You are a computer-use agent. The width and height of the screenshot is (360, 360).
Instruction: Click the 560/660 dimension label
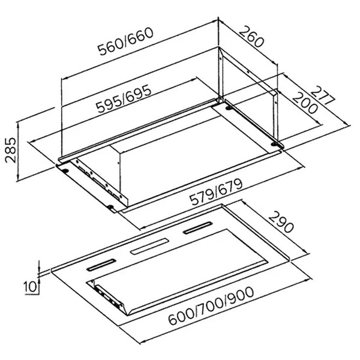[125, 42]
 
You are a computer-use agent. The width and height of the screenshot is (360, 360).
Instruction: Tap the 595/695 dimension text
[124, 99]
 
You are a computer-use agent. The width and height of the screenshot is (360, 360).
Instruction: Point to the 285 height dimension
[11, 151]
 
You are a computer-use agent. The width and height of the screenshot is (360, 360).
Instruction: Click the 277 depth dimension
[323, 95]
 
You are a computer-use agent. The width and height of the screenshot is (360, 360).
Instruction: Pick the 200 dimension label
[305, 103]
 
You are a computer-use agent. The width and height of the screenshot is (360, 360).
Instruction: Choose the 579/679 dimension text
[216, 192]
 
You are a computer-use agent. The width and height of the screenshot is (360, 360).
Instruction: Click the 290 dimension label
[281, 222]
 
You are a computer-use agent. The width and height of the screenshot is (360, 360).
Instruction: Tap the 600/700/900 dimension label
[211, 306]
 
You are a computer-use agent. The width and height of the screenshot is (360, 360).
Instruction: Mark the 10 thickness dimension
[31, 287]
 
